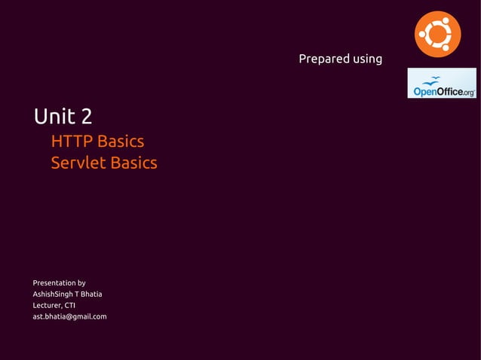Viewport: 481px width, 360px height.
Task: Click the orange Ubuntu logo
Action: (x=437, y=35)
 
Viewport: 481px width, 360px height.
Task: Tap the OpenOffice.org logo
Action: (x=442, y=83)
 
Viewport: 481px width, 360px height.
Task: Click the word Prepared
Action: (x=322, y=59)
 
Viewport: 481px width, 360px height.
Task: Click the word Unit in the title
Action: (x=54, y=117)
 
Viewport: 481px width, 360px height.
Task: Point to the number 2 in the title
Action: (x=87, y=117)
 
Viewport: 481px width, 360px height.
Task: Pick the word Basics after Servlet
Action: (x=133, y=163)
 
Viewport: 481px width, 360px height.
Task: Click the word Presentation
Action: (x=54, y=283)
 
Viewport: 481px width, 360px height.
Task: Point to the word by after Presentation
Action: (x=81, y=284)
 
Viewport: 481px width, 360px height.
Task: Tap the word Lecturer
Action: (x=47, y=305)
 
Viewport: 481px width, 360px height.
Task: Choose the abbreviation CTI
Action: (x=69, y=305)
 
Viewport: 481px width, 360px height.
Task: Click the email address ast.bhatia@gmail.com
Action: (x=69, y=316)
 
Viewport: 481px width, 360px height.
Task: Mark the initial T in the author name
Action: (x=77, y=294)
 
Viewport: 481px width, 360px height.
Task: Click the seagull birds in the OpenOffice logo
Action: (x=432, y=79)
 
